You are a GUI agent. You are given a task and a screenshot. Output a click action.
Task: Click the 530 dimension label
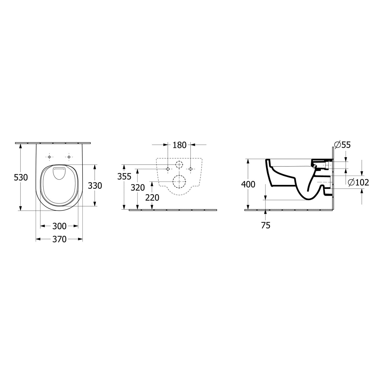[x=21, y=177]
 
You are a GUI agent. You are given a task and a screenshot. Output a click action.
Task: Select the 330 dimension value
[x=95, y=185]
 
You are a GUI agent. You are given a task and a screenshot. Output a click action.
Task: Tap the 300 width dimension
[x=59, y=226]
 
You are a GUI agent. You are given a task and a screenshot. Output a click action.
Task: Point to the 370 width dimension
[x=59, y=239]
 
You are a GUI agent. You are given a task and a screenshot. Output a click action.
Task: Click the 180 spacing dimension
[x=179, y=145]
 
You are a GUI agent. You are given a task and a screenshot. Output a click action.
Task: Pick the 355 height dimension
[x=124, y=176]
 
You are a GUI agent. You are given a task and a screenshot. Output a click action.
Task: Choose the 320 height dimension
[x=138, y=188]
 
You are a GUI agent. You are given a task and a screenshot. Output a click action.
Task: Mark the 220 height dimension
[x=152, y=197]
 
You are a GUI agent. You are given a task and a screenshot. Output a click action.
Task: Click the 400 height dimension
[x=248, y=184]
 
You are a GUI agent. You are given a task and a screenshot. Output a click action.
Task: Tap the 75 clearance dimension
[x=266, y=225]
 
